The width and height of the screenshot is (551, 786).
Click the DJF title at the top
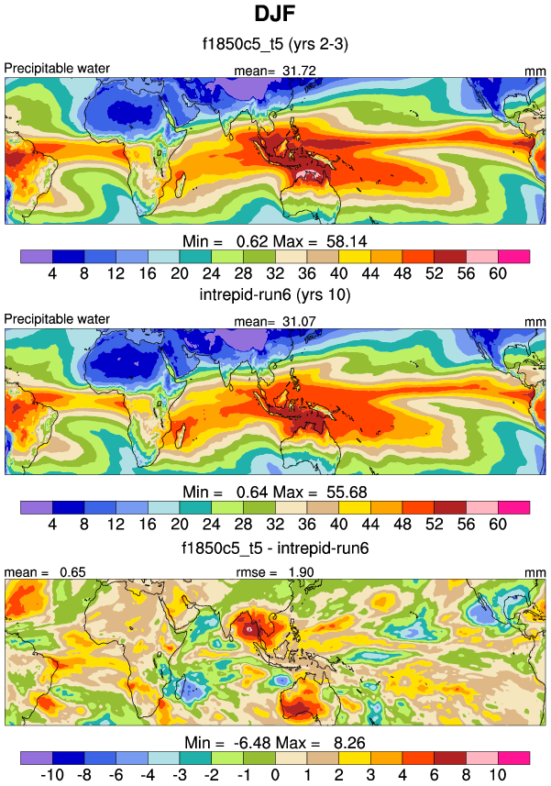(x=275, y=15)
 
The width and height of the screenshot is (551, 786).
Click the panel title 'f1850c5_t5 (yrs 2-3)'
(x=275, y=42)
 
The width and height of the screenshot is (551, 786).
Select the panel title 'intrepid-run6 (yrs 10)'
(x=275, y=295)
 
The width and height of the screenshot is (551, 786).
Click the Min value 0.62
(x=236, y=239)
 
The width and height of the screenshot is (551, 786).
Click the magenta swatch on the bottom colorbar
(x=514, y=758)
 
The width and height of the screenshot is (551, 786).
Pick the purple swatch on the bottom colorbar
(x=36, y=758)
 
